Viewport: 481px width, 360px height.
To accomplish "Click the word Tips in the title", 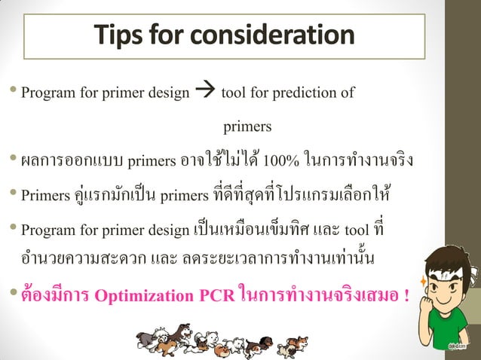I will coord(119,35).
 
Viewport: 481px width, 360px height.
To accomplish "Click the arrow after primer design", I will coord(205,93).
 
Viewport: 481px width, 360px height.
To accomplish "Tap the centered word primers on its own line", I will coord(247,126).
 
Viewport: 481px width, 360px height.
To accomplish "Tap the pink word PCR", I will coord(216,294).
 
